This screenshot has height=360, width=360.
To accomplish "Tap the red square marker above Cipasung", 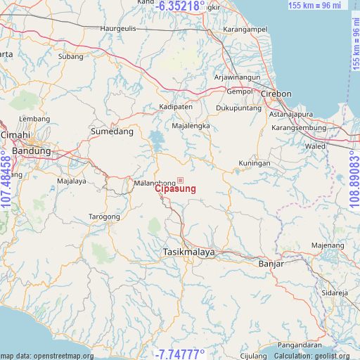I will click(180, 180).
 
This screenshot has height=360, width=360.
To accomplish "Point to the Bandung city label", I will click(32, 150).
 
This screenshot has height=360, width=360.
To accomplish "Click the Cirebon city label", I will click(276, 94).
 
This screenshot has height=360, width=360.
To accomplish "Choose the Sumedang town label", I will click(112, 131).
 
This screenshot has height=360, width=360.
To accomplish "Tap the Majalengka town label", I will click(191, 126).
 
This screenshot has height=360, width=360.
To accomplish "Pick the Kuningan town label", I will click(254, 163).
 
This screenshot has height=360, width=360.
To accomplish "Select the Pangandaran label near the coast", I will click(300, 345).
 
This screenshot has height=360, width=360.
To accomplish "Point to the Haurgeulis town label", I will click(116, 29).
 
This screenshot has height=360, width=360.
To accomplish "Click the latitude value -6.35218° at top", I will click(181, 6).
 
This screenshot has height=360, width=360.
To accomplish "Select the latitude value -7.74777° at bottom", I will click(181, 354).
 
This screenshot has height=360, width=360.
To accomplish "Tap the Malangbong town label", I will click(148, 184).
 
